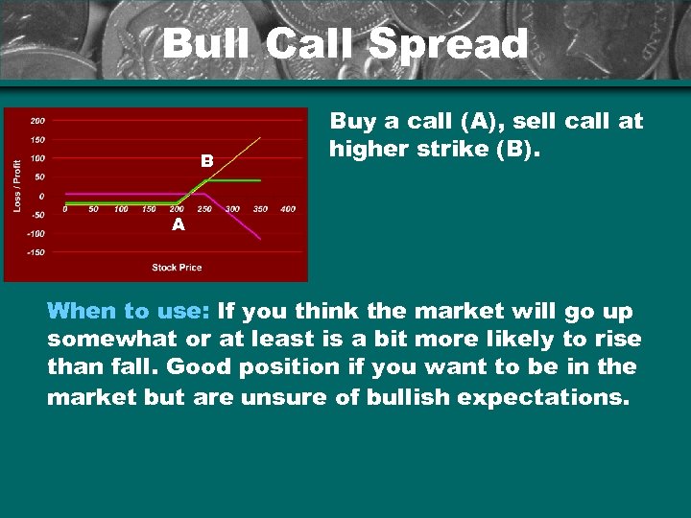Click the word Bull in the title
203,44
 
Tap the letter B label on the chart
206,161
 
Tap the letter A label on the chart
178,224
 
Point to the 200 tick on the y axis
36,121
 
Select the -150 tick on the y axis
35,251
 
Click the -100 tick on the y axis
35,233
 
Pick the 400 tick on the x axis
287,208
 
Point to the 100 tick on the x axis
121,208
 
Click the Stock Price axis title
177,267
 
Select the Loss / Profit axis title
16,186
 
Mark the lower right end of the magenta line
260,238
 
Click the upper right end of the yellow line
260,138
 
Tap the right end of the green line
260,180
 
